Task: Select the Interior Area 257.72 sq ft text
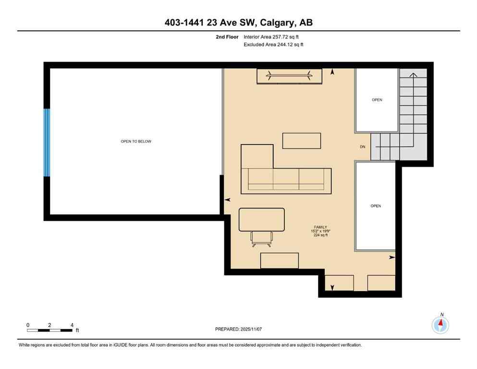274,37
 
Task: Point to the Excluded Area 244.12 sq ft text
274,45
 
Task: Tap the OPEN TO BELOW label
136,141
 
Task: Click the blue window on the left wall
47,143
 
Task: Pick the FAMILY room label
321,227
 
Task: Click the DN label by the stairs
363,147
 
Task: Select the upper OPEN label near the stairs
377,100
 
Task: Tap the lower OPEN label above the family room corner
376,206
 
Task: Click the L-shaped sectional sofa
286,180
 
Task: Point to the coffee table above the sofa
301,141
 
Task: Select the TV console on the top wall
289,76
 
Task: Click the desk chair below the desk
261,238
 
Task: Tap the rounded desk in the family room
261,219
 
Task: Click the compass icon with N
440,325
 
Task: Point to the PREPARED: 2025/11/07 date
239,329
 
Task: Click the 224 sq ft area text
320,235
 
